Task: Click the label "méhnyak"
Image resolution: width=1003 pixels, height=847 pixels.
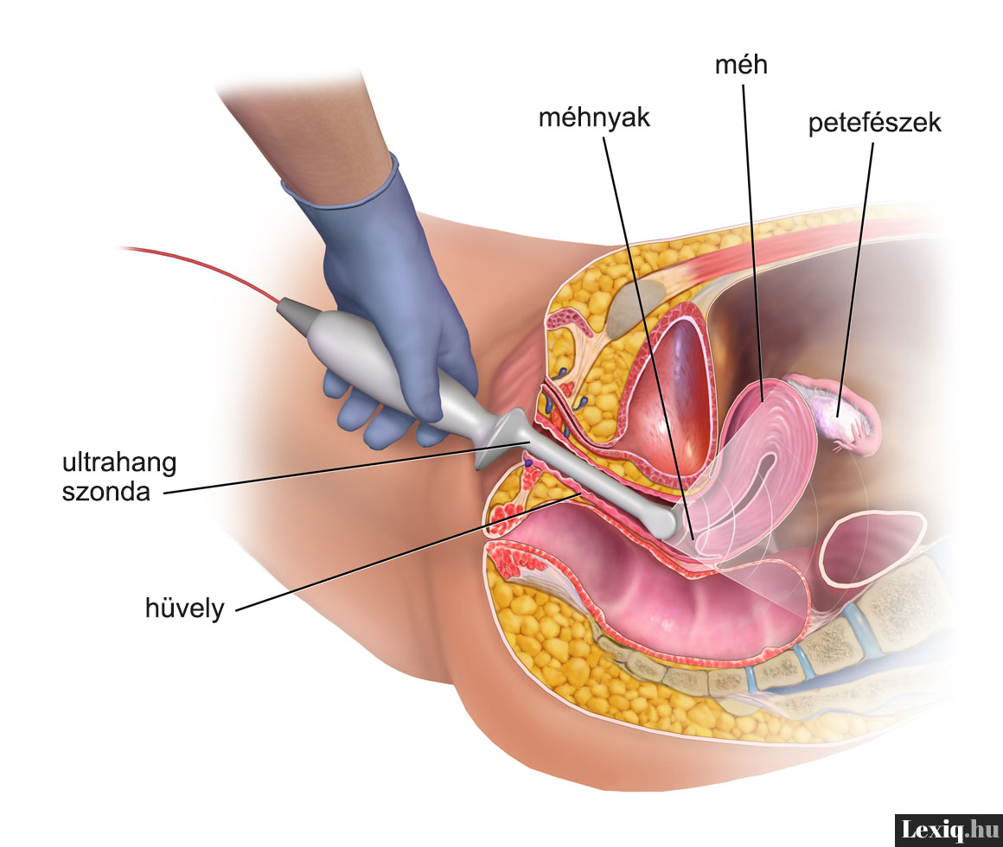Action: click(x=593, y=118)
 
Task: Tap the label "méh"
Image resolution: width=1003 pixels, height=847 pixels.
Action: click(x=741, y=64)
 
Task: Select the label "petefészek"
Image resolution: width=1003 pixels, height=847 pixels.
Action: click(x=874, y=124)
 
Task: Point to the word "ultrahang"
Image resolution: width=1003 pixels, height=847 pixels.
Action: click(x=119, y=463)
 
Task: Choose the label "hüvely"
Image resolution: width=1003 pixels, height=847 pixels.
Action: click(x=184, y=608)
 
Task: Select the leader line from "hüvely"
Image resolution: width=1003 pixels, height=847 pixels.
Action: click(x=398, y=553)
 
